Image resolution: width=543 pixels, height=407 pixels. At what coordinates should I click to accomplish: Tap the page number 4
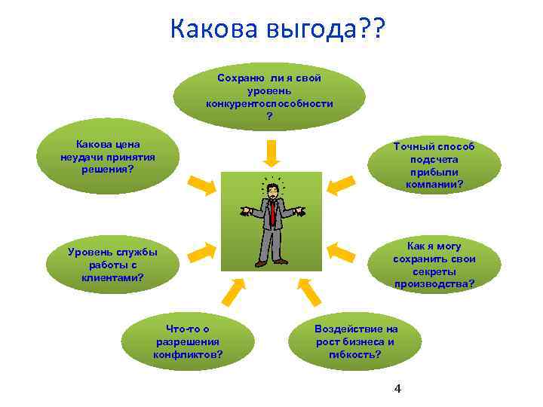[x=397, y=389]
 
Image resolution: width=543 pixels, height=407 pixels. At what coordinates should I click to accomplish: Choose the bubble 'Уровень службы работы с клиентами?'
[x=112, y=265]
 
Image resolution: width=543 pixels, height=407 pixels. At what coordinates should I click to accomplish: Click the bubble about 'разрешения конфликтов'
[x=188, y=342]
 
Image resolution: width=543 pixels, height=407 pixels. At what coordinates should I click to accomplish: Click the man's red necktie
[x=272, y=210]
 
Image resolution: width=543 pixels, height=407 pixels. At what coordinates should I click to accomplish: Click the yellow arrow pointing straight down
[x=272, y=154]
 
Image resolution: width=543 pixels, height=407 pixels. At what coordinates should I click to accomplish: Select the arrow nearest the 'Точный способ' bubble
[x=341, y=184]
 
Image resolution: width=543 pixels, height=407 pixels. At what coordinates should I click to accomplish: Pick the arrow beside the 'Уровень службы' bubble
[x=200, y=252]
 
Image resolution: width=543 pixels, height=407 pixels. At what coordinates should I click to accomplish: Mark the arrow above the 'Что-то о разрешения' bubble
[x=234, y=289]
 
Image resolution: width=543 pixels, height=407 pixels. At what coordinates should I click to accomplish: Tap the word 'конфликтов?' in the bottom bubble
[x=188, y=354]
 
